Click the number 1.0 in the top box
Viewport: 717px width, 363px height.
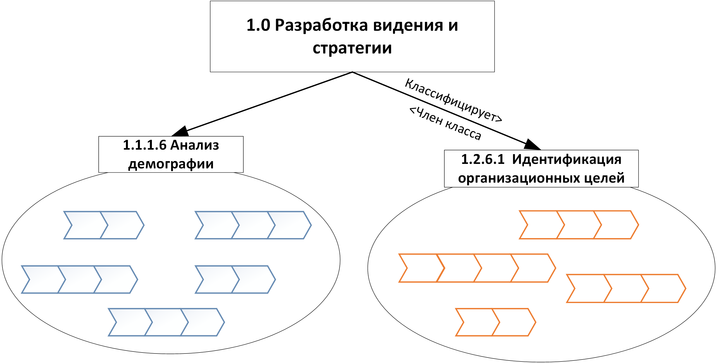[258, 25]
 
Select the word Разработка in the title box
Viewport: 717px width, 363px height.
[321, 25]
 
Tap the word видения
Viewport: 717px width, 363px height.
[408, 25]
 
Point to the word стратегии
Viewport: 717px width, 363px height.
[352, 48]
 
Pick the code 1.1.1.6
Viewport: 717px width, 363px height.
[144, 145]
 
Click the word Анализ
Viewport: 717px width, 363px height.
[195, 145]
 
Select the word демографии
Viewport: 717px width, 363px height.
[171, 164]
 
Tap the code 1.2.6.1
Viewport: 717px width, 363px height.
[483, 159]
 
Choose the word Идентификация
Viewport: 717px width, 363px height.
[566, 159]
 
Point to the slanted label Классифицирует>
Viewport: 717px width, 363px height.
[453, 100]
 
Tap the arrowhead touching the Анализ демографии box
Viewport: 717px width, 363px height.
[181, 131]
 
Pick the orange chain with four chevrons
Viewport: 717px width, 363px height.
[477, 268]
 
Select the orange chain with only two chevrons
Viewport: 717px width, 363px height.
[495, 322]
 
